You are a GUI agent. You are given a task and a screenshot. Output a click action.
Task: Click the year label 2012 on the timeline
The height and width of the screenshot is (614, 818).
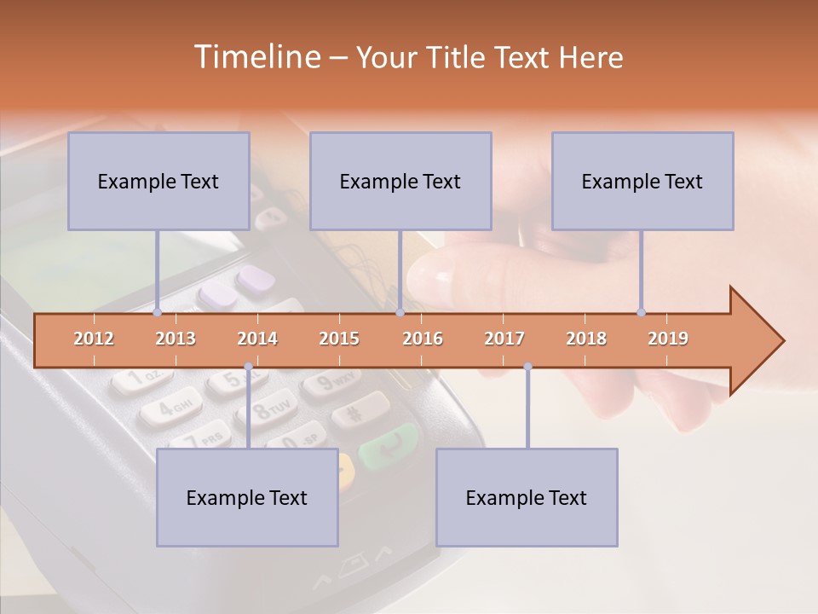[94, 339]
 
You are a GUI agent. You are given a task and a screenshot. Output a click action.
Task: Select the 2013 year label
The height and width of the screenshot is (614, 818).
[176, 339]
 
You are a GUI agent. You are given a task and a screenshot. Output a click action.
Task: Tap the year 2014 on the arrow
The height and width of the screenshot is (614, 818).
[257, 339]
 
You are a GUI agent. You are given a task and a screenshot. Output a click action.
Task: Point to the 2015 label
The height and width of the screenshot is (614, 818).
[339, 339]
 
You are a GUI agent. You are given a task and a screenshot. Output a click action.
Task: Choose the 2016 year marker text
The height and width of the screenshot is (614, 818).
[423, 339]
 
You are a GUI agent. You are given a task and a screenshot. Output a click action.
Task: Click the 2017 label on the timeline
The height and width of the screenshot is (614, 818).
[504, 339]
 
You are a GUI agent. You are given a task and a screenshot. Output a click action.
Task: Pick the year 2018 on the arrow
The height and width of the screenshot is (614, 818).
[586, 339]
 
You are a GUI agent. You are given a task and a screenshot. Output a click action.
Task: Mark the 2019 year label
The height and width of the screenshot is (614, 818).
[668, 339]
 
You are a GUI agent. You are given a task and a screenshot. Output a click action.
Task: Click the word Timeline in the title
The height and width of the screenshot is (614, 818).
[255, 57]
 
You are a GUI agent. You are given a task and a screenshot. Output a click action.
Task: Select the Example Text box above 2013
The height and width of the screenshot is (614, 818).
[158, 181]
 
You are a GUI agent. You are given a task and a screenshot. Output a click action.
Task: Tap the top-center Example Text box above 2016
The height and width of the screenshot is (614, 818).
[400, 181]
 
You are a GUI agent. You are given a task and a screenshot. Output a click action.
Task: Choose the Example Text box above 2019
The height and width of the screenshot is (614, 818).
[642, 181]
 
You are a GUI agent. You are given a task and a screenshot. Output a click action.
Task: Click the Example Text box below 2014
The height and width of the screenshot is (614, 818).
[247, 497]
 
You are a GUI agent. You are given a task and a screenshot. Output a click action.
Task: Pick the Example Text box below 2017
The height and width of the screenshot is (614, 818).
[527, 497]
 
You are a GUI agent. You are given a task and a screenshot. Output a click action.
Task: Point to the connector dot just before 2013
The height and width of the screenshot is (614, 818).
[158, 312]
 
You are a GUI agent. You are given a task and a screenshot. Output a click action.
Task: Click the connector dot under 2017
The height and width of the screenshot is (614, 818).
[527, 367]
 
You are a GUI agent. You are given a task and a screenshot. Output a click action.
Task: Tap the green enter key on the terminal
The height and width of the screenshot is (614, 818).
[388, 445]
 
